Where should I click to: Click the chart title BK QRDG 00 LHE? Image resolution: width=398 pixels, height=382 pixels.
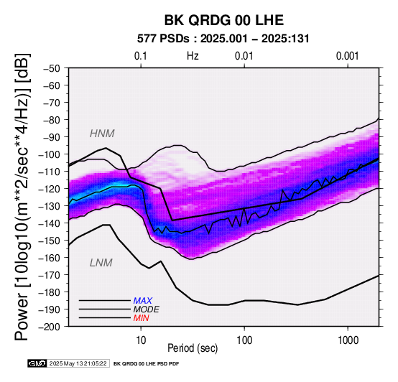coord(224,20)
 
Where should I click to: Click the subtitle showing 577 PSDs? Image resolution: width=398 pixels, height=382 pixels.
coord(223,39)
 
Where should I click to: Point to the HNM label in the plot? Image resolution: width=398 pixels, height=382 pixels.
coord(102,134)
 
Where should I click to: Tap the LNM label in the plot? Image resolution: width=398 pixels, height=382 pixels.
coord(101,263)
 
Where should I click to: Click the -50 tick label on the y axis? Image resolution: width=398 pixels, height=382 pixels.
coord(52,68)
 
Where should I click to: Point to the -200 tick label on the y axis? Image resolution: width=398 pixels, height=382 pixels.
coord(50,327)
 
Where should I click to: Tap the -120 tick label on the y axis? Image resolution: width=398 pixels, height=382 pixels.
coord(50,189)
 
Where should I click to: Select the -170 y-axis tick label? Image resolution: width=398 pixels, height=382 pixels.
coord(50,275)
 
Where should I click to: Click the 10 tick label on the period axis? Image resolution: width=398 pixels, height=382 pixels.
coord(141,340)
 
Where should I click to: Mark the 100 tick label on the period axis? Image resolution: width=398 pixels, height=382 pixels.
coord(244,340)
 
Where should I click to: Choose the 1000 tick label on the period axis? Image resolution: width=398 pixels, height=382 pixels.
coord(348,340)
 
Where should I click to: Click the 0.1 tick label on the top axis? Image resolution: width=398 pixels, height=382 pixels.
coord(141,56)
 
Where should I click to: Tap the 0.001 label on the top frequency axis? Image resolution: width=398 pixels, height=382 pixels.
coord(348,56)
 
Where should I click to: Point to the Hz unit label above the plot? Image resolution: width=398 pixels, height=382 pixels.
coord(193,56)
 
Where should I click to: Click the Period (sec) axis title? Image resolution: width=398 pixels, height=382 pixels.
coord(193,348)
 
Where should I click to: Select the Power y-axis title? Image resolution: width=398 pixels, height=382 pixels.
coord(22,197)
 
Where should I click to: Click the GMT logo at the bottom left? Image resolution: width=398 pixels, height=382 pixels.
coord(37,363)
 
